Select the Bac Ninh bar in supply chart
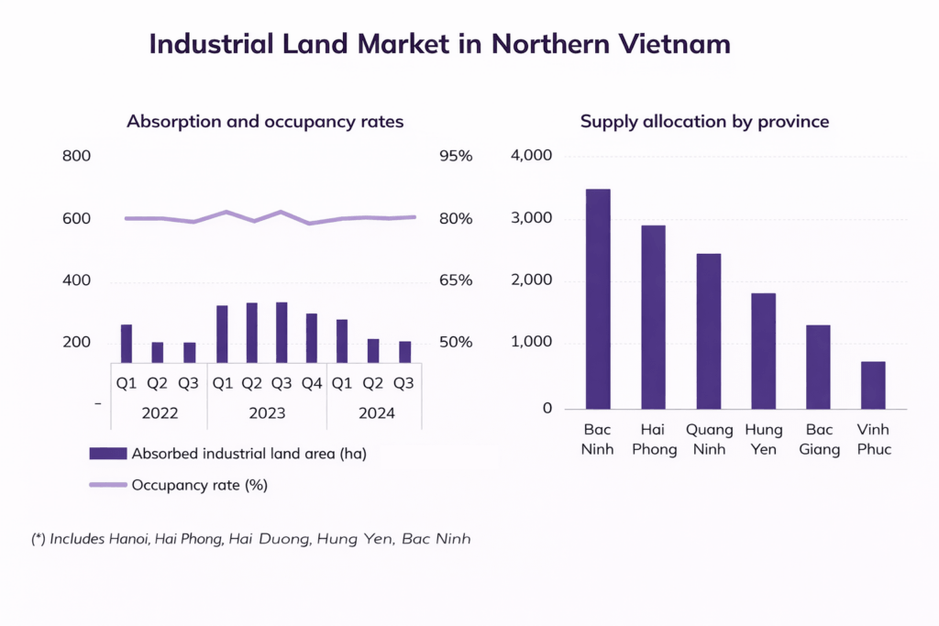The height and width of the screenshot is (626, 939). point(598,299)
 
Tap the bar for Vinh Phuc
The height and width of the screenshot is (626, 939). point(873,385)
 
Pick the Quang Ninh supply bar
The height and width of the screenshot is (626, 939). point(708,331)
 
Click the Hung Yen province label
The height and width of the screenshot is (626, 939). point(763,439)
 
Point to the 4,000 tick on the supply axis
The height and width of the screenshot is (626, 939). point(532,157)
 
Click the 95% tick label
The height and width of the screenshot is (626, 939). point(455,157)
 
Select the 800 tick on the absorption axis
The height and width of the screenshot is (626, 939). point(76,157)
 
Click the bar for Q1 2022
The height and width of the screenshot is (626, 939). point(126,344)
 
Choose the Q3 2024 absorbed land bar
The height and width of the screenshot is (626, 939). point(405,352)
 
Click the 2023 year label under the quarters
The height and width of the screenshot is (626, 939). point(267,413)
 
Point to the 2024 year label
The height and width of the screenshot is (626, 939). point(376,413)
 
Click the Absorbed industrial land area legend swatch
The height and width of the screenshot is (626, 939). point(108,454)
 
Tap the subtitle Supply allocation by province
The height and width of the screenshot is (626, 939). point(704,122)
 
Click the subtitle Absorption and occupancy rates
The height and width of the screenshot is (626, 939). point(265,122)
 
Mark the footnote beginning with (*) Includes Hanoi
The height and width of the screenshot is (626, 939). point(250,539)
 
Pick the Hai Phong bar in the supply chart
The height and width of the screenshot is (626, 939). point(653,317)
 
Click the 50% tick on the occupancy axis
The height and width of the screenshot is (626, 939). point(455,343)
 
